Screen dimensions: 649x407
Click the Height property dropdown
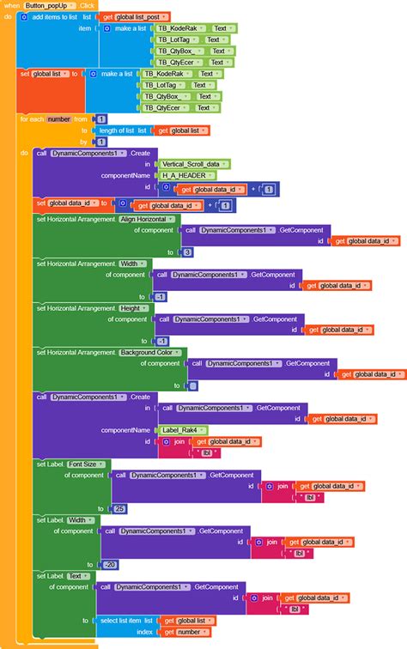(x=135, y=307)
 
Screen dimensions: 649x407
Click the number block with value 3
(x=188, y=252)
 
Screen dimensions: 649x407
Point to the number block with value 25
(x=118, y=508)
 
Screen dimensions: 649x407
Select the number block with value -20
(x=109, y=564)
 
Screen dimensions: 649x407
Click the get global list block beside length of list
(x=179, y=130)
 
